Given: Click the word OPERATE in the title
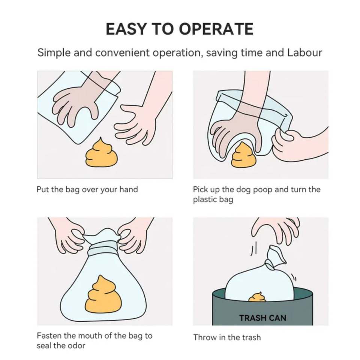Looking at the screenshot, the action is point(216,29).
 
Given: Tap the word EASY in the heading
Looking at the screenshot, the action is point(126,29).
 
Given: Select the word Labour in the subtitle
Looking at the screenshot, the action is point(304,52).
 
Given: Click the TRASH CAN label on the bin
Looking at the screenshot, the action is point(262,318).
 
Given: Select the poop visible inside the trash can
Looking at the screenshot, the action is point(257,297).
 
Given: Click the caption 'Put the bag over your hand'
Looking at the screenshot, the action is point(87,190).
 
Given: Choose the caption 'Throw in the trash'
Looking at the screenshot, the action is point(227,337).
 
